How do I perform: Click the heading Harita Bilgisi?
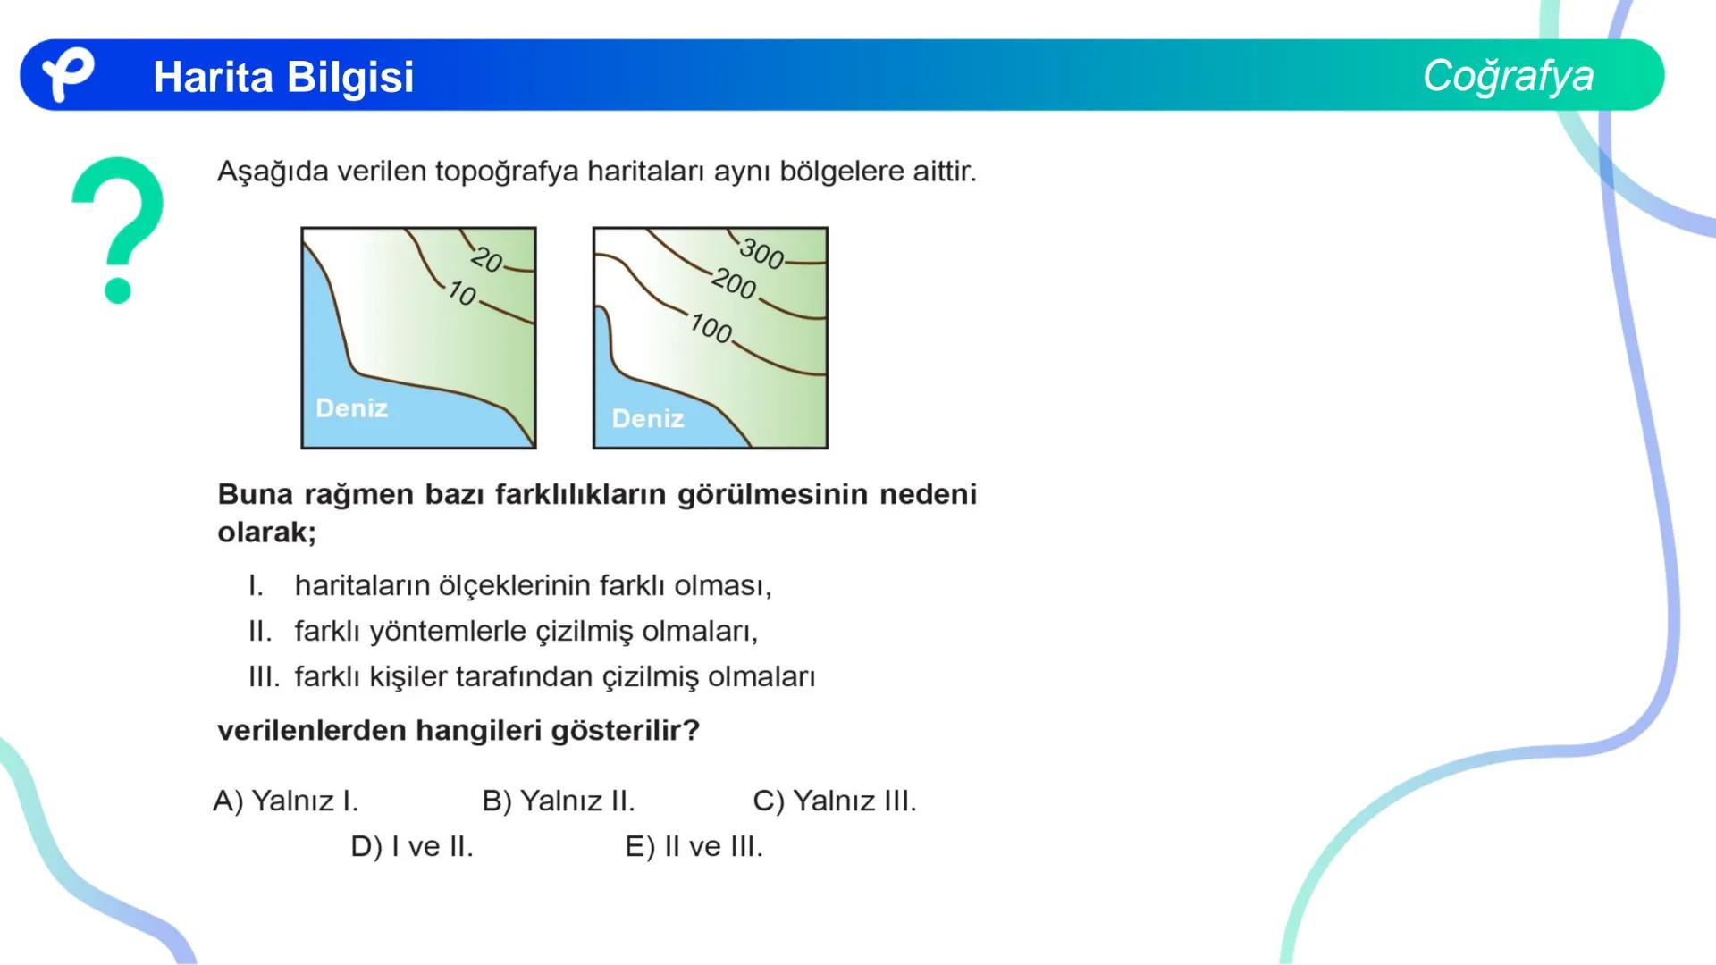tap(283, 77)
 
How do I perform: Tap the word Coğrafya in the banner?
tap(1508, 76)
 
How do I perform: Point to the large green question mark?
tap(118, 228)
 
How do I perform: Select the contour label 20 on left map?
tap(487, 259)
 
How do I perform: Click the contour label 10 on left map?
tap(462, 293)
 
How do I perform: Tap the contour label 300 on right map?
tap(761, 254)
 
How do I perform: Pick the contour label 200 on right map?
tap(734, 284)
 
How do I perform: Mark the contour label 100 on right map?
tap(711, 328)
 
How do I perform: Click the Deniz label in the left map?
tap(351, 408)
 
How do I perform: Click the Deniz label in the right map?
tap(648, 418)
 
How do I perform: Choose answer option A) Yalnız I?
tap(286, 801)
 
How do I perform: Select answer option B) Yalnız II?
tap(559, 801)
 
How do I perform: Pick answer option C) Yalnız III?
tap(835, 801)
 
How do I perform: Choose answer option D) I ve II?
tap(412, 846)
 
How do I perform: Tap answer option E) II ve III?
tap(694, 846)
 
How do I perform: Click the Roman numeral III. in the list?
tap(264, 677)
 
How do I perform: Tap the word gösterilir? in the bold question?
tap(625, 731)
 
